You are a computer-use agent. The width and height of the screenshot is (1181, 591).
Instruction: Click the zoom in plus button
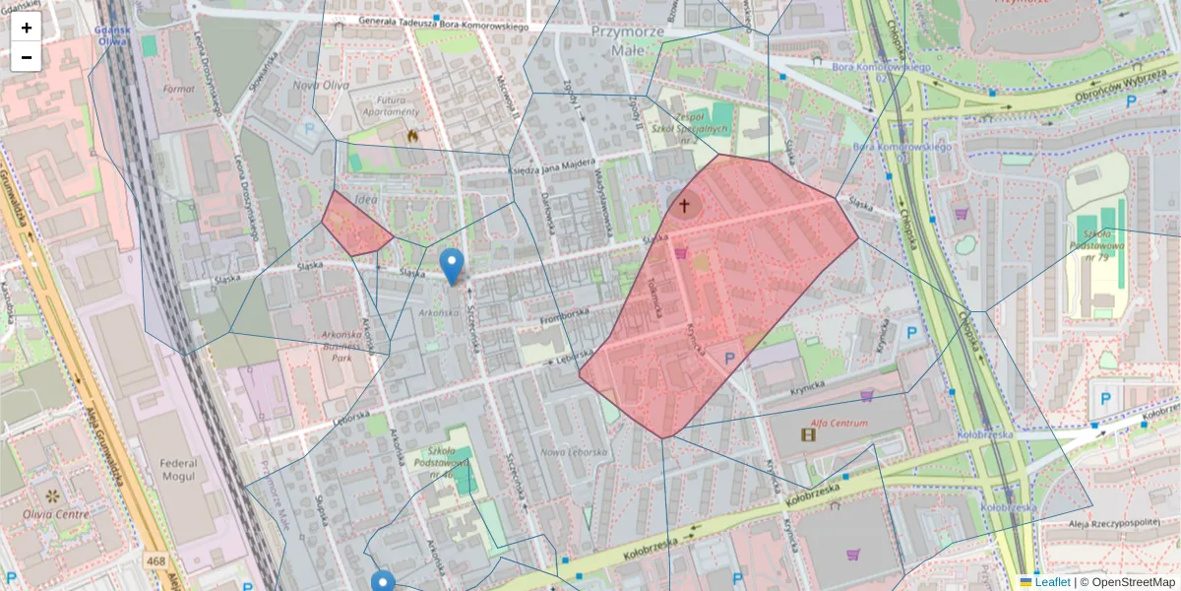[x=27, y=28]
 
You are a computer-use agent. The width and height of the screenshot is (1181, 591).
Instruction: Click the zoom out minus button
[x=27, y=57]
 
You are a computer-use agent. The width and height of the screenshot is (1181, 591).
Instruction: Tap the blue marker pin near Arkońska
[x=452, y=265]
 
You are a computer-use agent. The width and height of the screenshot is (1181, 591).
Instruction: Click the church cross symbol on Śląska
[x=684, y=206]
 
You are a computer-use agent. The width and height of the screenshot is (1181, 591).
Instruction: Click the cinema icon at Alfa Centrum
[x=808, y=434]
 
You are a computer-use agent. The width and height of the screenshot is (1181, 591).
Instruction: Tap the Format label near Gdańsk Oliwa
[x=179, y=89]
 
